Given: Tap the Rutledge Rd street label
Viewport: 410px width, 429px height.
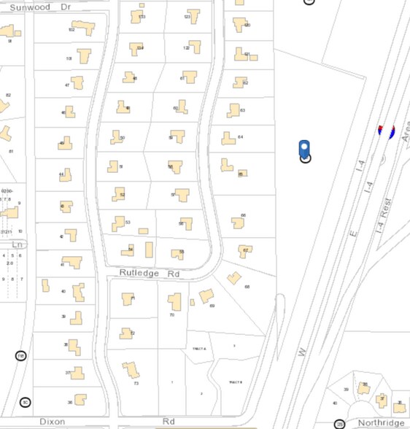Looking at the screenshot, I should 150,274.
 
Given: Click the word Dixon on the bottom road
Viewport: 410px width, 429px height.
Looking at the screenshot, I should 52,422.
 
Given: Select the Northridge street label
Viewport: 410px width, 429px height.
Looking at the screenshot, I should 380,423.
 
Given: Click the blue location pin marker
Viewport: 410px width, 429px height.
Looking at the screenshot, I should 305,149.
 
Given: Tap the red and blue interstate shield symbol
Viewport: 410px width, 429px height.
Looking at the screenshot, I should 386,131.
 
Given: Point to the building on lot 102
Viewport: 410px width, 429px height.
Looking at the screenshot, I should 85,28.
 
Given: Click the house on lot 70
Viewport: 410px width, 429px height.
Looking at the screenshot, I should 174,301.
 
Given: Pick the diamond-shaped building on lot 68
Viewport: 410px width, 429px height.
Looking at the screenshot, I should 234,278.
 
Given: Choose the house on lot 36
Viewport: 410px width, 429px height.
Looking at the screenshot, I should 80,400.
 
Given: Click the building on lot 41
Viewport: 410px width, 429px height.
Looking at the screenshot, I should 72,262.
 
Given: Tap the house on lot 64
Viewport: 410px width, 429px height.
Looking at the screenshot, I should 228,138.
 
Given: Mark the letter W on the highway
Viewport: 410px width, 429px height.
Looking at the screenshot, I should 300,352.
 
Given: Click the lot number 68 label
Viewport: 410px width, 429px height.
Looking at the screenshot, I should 247,287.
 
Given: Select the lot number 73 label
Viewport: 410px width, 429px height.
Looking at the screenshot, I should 136,383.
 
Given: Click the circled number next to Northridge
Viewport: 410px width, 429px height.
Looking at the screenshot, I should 339,424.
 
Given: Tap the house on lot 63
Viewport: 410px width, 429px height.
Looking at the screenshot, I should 233,110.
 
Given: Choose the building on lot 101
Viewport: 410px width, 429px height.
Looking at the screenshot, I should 84,55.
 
